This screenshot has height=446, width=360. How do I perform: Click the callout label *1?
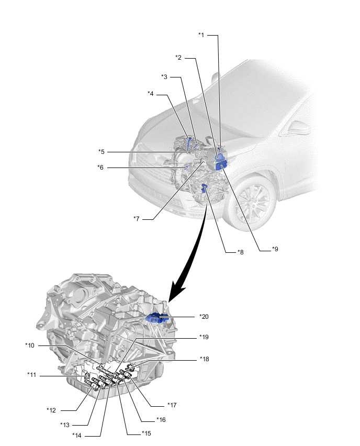click(201, 35)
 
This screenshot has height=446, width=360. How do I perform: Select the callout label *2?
click(178, 58)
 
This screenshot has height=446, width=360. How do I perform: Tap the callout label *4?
click(151, 94)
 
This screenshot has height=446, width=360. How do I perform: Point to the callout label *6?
click(100, 168)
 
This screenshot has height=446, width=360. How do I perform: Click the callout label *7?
click(137, 218)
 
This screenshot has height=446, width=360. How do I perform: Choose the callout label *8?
click(240, 252)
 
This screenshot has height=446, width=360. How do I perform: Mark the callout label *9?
click(275, 250)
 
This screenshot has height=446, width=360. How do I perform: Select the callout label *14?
click(77, 435)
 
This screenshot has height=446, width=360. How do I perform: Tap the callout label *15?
click(147, 433)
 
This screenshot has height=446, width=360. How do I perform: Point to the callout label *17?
click(172, 405)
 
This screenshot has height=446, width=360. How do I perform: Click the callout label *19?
click(204, 337)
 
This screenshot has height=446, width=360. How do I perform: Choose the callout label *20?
click(204, 317)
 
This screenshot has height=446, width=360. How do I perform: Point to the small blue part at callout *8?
click(205, 187)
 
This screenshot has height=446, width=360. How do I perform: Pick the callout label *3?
click(164, 77)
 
